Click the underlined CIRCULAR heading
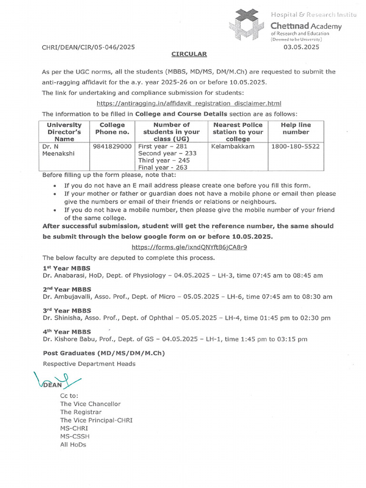point(189,54)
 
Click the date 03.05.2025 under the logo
point(301,47)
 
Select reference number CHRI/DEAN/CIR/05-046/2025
point(89,47)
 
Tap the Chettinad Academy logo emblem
point(246,23)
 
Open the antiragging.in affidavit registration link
point(189,103)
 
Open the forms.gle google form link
point(189,247)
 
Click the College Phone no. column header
point(112,129)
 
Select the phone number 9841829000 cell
point(112,147)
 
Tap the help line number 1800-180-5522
point(295,147)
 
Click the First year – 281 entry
point(163,147)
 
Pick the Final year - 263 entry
point(163,167)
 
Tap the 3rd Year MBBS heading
point(67,310)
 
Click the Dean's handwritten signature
point(56,381)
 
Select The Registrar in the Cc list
point(81,412)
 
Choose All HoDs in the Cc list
point(73,444)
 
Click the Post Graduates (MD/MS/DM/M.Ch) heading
point(104,353)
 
